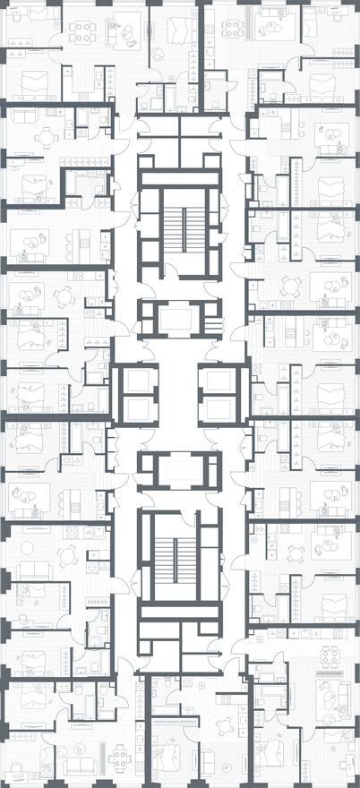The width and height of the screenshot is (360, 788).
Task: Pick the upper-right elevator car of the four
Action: tap(220, 381)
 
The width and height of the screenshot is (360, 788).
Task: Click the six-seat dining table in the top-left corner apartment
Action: tap(82, 32)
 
